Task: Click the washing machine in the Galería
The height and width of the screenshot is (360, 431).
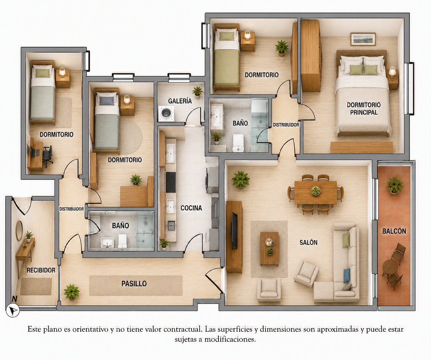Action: tap(166, 113)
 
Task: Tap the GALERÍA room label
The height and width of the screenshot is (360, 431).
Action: tap(180, 101)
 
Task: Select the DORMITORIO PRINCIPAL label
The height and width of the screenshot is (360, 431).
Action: tap(364, 109)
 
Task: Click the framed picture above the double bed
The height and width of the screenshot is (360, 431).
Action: tap(363, 39)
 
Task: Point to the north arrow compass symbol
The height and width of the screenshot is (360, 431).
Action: tap(13, 310)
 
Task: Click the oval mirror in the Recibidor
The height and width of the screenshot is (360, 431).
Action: tap(19, 231)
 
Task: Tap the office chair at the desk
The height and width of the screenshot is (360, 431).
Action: tap(47, 155)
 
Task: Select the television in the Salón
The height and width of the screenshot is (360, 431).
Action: tap(234, 230)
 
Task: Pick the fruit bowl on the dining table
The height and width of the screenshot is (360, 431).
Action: tap(315, 190)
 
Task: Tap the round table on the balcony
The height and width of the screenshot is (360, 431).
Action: tap(390, 267)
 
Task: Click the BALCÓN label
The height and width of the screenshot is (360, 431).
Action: tap(394, 231)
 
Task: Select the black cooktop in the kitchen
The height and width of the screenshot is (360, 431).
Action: tap(171, 183)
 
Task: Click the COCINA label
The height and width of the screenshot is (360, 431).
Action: tap(191, 208)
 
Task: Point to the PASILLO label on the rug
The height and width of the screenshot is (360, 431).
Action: tap(134, 284)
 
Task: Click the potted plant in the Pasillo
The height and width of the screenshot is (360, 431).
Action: tap(72, 292)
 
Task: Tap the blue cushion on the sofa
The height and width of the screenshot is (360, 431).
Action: tap(347, 275)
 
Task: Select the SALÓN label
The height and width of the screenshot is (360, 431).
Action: tap(308, 242)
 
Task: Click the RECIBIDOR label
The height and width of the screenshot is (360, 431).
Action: tap(41, 270)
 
